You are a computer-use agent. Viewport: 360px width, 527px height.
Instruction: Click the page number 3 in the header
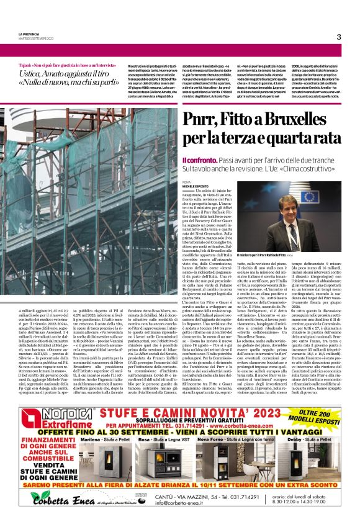point(339,37)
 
